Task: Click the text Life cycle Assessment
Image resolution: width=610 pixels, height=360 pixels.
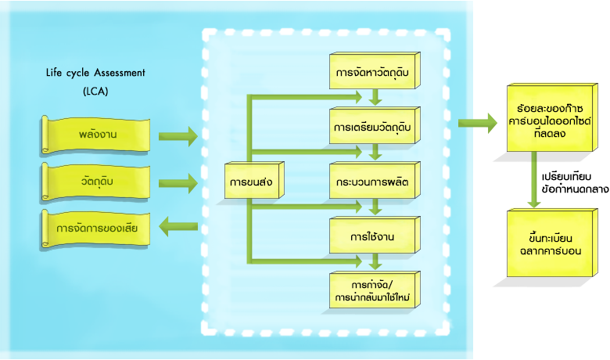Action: (95, 74)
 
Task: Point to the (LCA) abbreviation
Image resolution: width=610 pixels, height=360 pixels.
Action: (95, 92)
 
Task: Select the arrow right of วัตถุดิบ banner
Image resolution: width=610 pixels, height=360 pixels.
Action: (177, 183)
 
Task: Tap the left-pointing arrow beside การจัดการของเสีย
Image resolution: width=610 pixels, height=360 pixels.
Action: (177, 228)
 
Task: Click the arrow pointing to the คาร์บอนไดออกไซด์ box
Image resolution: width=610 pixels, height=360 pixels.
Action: (477, 121)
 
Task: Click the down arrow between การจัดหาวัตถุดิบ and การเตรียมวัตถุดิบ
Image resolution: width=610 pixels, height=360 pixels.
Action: (375, 98)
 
